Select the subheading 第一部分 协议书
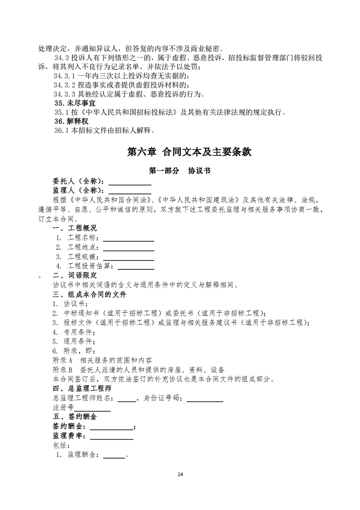[x=179, y=171]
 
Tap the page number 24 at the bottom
[x=180, y=475]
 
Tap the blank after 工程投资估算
[x=136, y=268]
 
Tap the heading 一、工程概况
[x=75, y=228]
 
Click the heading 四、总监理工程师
[x=82, y=389]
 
